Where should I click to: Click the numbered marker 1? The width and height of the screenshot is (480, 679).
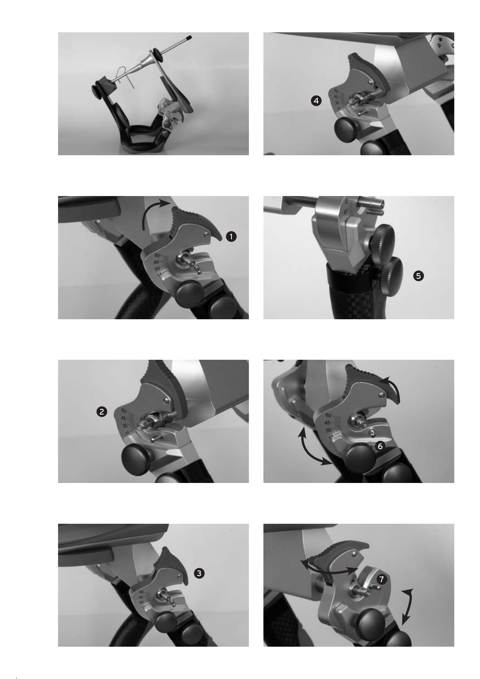tap(231, 237)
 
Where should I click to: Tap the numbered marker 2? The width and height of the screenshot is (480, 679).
tap(102, 412)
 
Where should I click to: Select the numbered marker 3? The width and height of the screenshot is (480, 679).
tap(199, 573)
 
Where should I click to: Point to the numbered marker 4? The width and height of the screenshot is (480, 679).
tap(316, 101)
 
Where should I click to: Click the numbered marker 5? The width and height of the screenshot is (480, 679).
tap(418, 276)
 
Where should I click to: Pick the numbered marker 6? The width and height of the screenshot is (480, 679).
tap(380, 446)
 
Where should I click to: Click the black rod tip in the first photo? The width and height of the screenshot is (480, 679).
tap(189, 38)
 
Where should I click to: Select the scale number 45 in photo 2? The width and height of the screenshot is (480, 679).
tap(123, 418)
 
